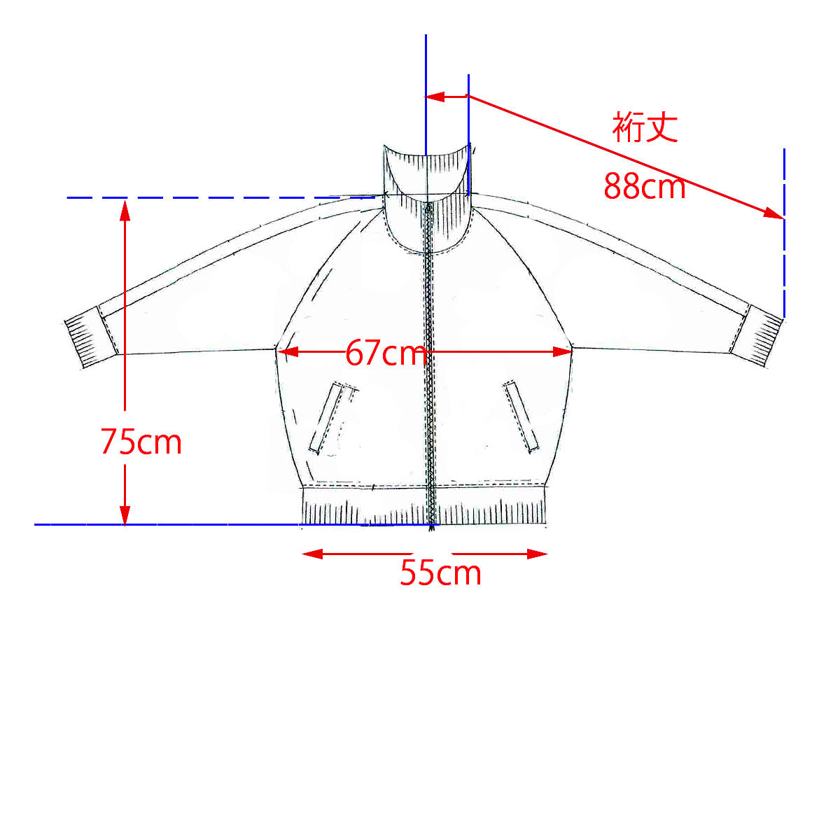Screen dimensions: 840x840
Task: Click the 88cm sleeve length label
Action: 644,187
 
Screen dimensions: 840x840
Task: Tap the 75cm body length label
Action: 141,442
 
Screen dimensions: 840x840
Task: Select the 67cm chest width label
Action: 386,353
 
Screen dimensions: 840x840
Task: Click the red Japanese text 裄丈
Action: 645,127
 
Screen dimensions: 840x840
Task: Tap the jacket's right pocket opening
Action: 521,416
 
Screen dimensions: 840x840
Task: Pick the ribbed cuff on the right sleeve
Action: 757,335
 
